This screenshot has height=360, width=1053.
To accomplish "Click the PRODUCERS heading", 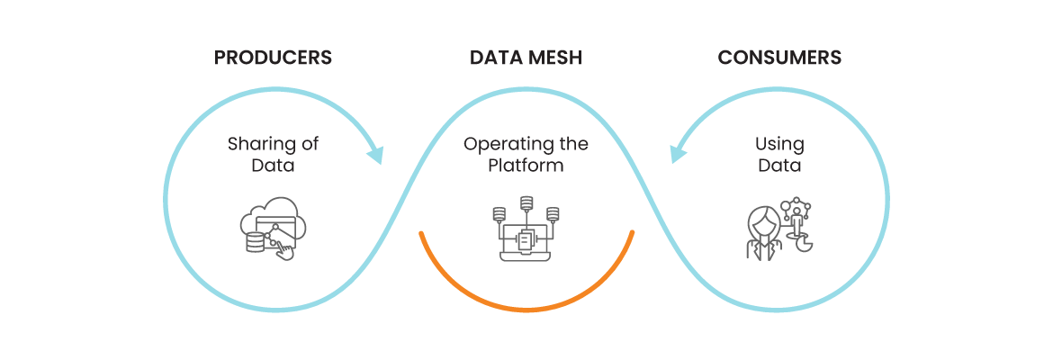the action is pyautogui.click(x=273, y=58).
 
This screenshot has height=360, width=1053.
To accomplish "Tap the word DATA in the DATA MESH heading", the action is pyautogui.click(x=496, y=58).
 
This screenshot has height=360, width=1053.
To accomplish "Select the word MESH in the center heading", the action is pyautogui.click(x=554, y=58).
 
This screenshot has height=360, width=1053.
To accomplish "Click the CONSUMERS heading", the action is pyautogui.click(x=779, y=58).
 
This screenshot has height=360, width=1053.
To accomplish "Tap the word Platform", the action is pyautogui.click(x=526, y=166).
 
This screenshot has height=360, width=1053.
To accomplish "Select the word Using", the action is pyautogui.click(x=779, y=144).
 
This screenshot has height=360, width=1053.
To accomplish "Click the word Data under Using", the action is pyautogui.click(x=779, y=166).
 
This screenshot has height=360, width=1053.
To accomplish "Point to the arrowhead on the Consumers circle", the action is pyautogui.click(x=679, y=154).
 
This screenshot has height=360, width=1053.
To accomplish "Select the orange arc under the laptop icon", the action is pyautogui.click(x=526, y=309).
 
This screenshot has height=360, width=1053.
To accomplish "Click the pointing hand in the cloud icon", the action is pyautogui.click(x=284, y=251).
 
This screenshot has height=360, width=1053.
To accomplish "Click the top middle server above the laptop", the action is pyautogui.click(x=526, y=202).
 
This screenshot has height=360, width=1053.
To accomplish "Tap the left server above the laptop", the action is pyautogui.click(x=499, y=214).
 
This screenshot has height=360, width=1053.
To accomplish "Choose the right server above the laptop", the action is pyautogui.click(x=553, y=214).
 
